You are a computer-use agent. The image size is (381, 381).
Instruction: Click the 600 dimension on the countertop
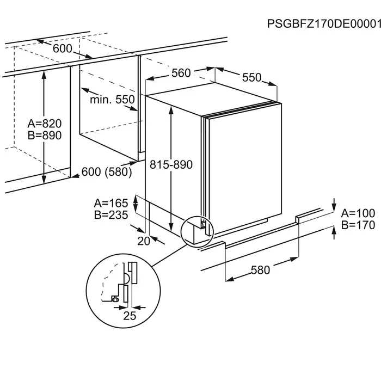pos(63,48)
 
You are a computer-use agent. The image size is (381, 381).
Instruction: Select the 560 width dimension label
pos(181,73)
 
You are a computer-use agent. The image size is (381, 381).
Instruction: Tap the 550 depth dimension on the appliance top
pos(251,77)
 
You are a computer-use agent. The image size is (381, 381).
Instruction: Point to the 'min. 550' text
pos(112,100)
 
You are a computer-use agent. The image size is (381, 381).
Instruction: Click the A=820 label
pos(45,124)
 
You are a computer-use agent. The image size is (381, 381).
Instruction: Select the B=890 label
pos(45,136)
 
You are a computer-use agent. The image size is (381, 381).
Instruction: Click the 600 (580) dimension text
pos(107,171)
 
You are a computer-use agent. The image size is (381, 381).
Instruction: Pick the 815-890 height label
pos(171,164)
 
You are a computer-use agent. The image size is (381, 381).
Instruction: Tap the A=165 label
pos(111,203)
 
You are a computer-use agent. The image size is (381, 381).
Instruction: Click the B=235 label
pos(111,215)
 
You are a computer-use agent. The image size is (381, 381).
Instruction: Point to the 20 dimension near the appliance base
pos(144,241)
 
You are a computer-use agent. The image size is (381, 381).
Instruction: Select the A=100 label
pos(358,213)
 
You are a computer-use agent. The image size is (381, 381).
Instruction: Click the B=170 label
pos(358,225)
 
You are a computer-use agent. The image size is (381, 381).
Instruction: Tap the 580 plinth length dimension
pos(260,269)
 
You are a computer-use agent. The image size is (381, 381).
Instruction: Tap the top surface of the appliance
pos(212,99)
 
